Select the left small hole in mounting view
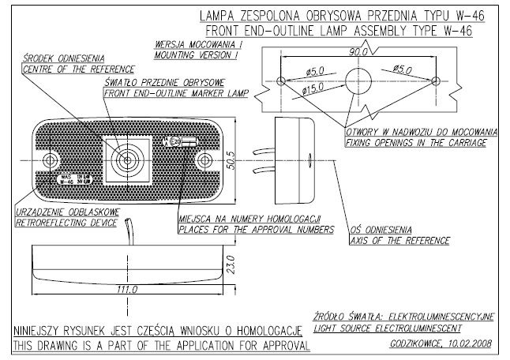click(x=282, y=81)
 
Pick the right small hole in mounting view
click(x=437, y=81)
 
